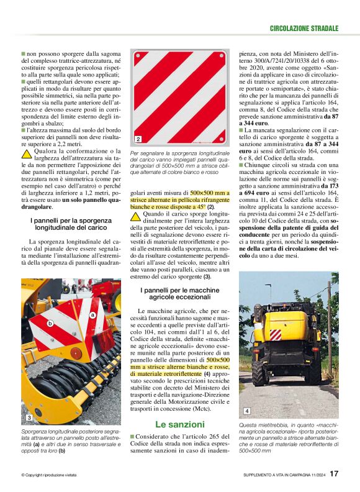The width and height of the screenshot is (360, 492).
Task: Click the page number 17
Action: click(334, 475)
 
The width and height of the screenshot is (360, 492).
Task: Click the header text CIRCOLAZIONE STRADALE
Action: click(304, 29)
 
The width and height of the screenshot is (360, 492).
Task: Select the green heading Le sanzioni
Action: click(180, 424)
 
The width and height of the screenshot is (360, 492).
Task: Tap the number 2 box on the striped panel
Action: click(138, 139)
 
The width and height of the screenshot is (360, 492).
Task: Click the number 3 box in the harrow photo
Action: click(29, 417)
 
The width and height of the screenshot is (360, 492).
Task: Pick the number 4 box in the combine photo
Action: click(246, 411)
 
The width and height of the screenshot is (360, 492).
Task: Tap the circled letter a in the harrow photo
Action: click(92, 316)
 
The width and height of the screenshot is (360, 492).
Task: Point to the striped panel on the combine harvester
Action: click(275, 335)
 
